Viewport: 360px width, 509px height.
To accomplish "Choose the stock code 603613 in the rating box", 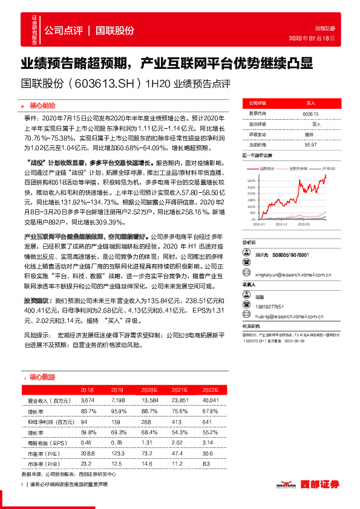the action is pos(310,114).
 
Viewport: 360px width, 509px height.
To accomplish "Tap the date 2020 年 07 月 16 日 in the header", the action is pos(313,38).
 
